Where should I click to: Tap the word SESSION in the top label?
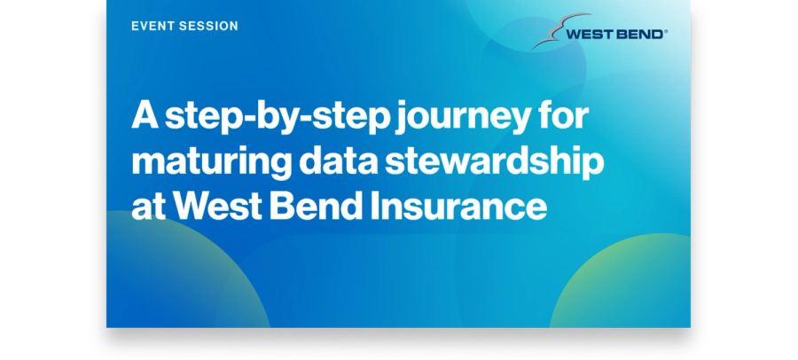click(x=205, y=26)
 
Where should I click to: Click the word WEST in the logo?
click(x=590, y=35)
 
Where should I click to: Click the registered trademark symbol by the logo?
click(x=665, y=32)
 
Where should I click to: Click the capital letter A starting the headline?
click(x=145, y=115)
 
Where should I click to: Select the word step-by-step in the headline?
click(x=278, y=118)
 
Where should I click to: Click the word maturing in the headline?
click(x=212, y=163)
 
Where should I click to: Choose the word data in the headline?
click(x=339, y=160)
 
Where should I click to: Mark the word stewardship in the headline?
click(x=495, y=163)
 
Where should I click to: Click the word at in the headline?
click(x=149, y=207)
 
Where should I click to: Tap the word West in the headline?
click(x=217, y=207)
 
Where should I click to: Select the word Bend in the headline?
click(x=316, y=206)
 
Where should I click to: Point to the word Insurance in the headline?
click(x=458, y=206)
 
